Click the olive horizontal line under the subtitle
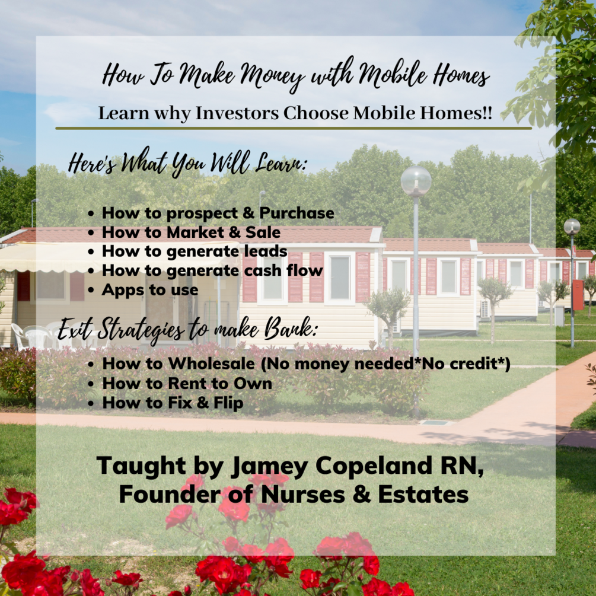(x=294, y=128)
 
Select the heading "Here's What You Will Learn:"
(x=188, y=163)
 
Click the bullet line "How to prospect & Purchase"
(x=218, y=213)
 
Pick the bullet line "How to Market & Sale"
(x=191, y=232)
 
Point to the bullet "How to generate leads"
(x=195, y=251)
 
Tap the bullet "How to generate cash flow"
(x=212, y=270)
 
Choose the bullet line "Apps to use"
(x=150, y=289)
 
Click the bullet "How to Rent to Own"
(x=187, y=383)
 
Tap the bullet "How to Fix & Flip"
(x=173, y=403)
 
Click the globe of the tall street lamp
(x=416, y=180)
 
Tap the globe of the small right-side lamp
(x=572, y=227)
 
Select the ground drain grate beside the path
(x=436, y=422)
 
